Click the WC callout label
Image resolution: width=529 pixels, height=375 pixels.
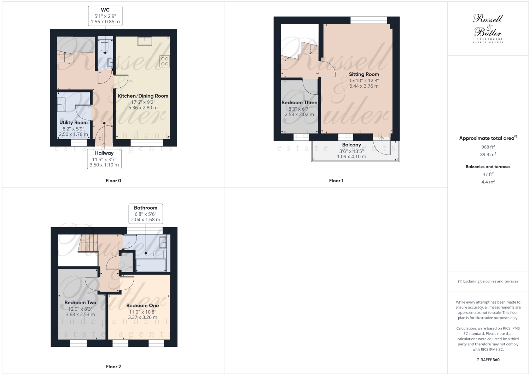click(x=105, y=16)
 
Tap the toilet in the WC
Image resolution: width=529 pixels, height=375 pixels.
click(x=105, y=45)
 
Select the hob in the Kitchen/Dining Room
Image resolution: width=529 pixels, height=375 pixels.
click(x=164, y=61)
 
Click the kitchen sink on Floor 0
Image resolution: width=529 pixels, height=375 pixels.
click(x=145, y=41)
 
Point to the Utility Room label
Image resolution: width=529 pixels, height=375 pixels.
click(x=73, y=123)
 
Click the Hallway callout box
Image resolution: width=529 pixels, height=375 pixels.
click(x=104, y=159)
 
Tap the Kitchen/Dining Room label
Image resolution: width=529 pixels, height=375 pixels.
click(x=143, y=96)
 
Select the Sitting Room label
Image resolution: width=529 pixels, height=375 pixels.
click(x=364, y=74)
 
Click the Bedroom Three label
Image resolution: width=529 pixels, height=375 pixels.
click(x=299, y=102)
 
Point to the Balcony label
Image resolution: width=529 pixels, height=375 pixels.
click(x=351, y=145)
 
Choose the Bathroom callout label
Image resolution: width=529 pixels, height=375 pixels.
click(x=145, y=213)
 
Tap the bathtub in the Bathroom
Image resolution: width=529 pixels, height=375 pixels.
click(x=151, y=265)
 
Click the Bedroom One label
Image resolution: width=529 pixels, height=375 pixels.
click(x=143, y=305)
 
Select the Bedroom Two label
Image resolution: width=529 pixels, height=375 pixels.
click(x=80, y=303)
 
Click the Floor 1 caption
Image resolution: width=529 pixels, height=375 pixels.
click(x=336, y=181)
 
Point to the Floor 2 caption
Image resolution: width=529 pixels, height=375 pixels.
click(x=113, y=367)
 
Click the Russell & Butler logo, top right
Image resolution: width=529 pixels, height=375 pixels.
click(x=488, y=28)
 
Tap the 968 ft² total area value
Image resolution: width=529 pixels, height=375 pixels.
click(x=488, y=147)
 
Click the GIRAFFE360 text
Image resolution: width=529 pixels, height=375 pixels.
click(x=488, y=360)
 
